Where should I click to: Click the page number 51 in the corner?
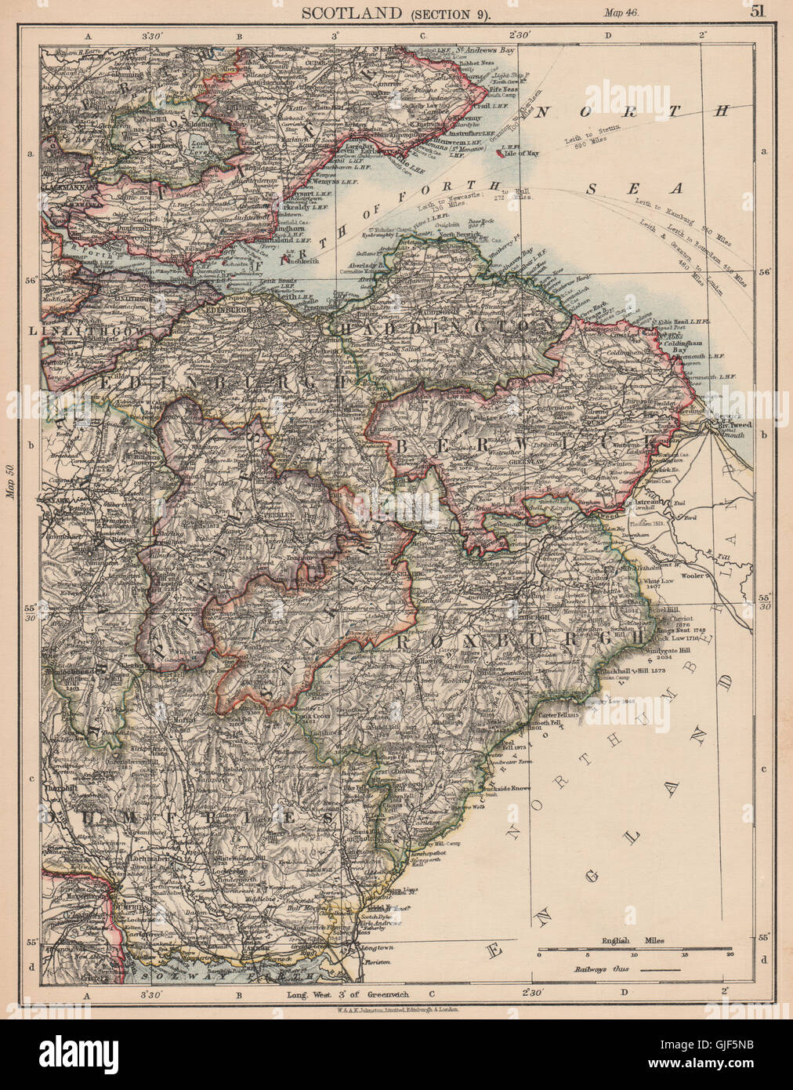coord(757,11)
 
